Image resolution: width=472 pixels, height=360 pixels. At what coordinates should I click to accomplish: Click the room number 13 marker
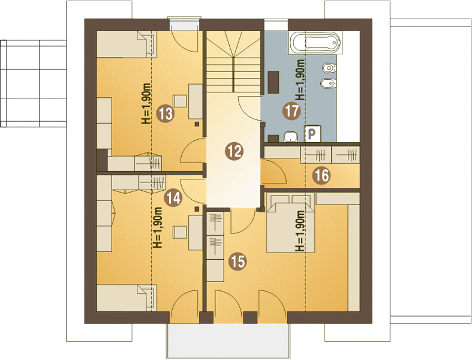pos(166,114)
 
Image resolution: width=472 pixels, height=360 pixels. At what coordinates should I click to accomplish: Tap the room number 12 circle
pos(234,151)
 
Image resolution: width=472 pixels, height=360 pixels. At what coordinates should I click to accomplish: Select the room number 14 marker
pos(173,198)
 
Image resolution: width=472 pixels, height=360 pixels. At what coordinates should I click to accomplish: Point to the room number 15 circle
pos(237,261)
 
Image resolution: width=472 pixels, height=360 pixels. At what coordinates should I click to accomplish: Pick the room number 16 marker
pos(321,175)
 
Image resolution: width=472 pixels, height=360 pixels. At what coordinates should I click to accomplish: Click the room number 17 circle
pos(291,111)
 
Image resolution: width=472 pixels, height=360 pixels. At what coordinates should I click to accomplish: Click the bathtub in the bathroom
pos(315,43)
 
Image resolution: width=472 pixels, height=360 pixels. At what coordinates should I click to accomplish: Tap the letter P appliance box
pos(312,133)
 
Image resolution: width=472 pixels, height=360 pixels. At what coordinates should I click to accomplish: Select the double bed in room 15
pos(291,223)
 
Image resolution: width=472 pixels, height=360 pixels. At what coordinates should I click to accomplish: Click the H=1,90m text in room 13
pos(146,104)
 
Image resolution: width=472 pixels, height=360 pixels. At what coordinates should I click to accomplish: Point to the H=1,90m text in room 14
pos(158,227)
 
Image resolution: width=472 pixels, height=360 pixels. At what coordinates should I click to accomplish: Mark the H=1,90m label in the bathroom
pos(300,80)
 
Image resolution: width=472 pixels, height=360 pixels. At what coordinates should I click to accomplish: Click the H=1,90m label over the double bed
pos(300,231)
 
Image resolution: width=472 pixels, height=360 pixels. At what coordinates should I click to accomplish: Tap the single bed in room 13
pos(127,44)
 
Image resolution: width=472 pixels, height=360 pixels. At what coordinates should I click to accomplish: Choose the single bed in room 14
pos(127,298)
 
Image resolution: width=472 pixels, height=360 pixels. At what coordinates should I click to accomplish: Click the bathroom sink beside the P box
pos(291,136)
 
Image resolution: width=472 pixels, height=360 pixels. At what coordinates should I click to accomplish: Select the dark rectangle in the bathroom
pos(273,82)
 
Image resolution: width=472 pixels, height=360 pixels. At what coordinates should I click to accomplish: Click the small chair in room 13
pos(180,101)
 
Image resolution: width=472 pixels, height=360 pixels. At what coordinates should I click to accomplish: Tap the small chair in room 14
pos(180,232)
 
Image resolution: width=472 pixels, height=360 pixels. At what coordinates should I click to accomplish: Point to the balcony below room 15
pos(229,341)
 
